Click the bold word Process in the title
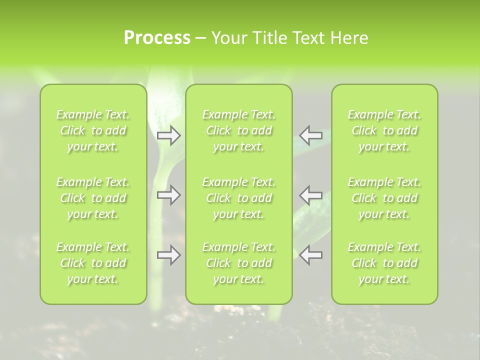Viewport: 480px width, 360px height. click(157, 38)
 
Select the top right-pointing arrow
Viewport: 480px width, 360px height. click(168, 135)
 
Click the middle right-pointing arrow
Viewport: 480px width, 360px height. click(168, 195)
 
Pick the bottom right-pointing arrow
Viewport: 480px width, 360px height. click(168, 255)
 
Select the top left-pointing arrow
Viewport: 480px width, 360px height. click(311, 135)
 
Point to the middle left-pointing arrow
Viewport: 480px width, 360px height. click(311, 195)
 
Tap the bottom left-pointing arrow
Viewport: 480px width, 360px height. click(311, 255)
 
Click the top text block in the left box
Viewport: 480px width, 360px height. click(93, 130)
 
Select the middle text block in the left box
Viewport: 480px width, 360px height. click(93, 198)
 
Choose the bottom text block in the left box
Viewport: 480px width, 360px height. click(93, 263)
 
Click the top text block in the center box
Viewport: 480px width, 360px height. click(239, 130)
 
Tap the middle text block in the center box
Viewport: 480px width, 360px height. click(239, 198)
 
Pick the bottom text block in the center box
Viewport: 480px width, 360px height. click(239, 263)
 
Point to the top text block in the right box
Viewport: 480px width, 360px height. click(384, 130)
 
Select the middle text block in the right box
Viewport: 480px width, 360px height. click(384, 198)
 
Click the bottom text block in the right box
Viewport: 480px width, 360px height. click(384, 263)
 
